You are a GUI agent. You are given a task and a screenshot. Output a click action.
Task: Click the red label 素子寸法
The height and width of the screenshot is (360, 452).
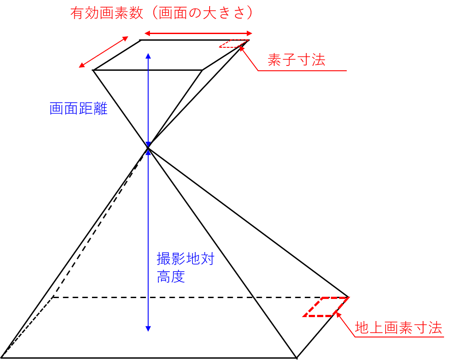pyautogui.click(x=296, y=60)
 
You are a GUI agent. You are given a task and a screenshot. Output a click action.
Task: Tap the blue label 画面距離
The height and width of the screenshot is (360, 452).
pyautogui.click(x=79, y=108)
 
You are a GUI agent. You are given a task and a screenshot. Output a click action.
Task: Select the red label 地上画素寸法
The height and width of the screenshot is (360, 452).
pyautogui.click(x=398, y=328)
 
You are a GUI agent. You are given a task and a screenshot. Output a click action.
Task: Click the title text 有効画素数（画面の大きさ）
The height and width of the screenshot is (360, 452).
pyautogui.click(x=162, y=13)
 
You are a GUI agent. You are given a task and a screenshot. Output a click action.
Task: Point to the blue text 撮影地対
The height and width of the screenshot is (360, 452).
pyautogui.click(x=185, y=259)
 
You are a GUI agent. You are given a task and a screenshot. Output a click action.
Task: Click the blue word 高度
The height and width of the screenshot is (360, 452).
pyautogui.click(x=171, y=277)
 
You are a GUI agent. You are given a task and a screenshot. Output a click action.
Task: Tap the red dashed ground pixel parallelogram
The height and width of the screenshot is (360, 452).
pyautogui.click(x=326, y=307)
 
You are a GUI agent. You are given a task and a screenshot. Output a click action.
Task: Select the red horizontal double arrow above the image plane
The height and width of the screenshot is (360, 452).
pyautogui.click(x=198, y=33)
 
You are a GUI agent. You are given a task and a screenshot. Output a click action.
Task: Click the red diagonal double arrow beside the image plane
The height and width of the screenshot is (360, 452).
pyautogui.click(x=104, y=52)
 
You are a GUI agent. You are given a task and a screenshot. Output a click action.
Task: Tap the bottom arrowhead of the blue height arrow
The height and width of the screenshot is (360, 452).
pyautogui.click(x=148, y=329)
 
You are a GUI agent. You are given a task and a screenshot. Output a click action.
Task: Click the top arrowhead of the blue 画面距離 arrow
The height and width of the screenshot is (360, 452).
pyautogui.click(x=148, y=56)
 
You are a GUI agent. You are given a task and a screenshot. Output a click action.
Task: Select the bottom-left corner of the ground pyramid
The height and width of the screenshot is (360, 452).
pyautogui.click(x=2, y=357)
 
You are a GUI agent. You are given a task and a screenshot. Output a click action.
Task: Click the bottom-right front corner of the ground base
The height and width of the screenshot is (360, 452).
pyautogui.click(x=296, y=357)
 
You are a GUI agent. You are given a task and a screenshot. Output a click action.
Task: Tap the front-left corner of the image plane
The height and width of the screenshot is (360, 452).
pyautogui.click(x=93, y=70)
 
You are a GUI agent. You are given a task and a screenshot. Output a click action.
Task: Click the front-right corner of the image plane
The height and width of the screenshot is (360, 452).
pyautogui.click(x=203, y=70)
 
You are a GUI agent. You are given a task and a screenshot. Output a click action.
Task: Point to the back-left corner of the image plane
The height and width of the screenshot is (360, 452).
pyautogui.click(x=140, y=40)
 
